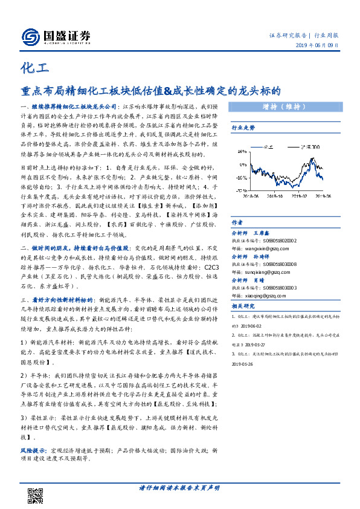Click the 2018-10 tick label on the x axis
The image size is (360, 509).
tap(274, 196)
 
